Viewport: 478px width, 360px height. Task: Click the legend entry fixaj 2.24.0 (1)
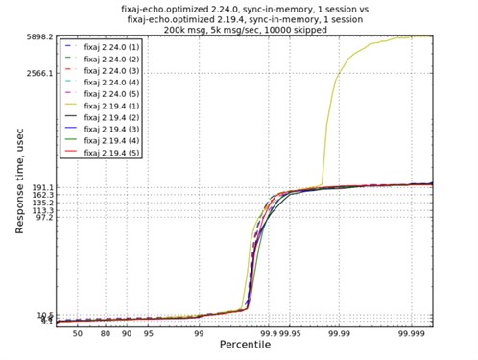pyautogui.click(x=114, y=46)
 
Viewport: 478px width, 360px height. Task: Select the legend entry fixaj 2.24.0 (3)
pyautogui.click(x=114, y=69)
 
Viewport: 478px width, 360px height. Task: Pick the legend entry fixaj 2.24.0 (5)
pyautogui.click(x=114, y=93)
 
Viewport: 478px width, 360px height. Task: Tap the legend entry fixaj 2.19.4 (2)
pyautogui.click(x=114, y=117)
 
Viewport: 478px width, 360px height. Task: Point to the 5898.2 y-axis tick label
pyautogui.click(x=37, y=36)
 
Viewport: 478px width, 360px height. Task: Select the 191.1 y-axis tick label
pyautogui.click(x=39, y=186)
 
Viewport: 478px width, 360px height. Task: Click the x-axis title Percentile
pyautogui.click(x=245, y=348)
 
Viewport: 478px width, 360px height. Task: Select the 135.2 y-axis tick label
pyautogui.click(x=39, y=203)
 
